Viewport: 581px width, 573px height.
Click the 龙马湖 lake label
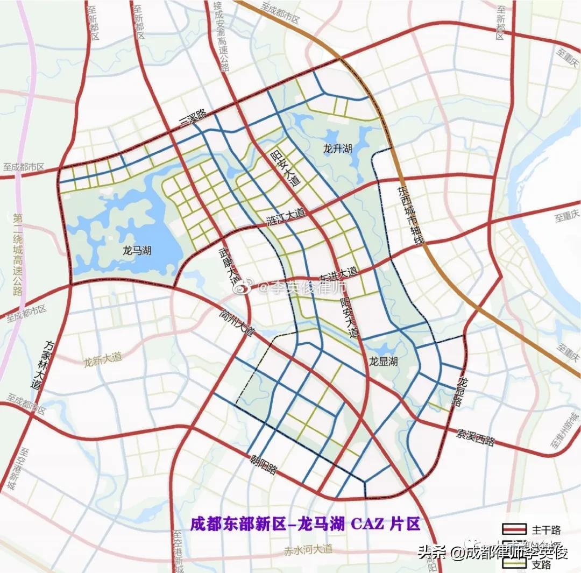click(x=137, y=251)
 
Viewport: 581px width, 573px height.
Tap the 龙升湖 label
click(x=337, y=148)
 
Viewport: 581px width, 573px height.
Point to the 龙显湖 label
click(x=383, y=362)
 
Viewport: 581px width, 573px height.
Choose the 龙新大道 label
click(x=103, y=361)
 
